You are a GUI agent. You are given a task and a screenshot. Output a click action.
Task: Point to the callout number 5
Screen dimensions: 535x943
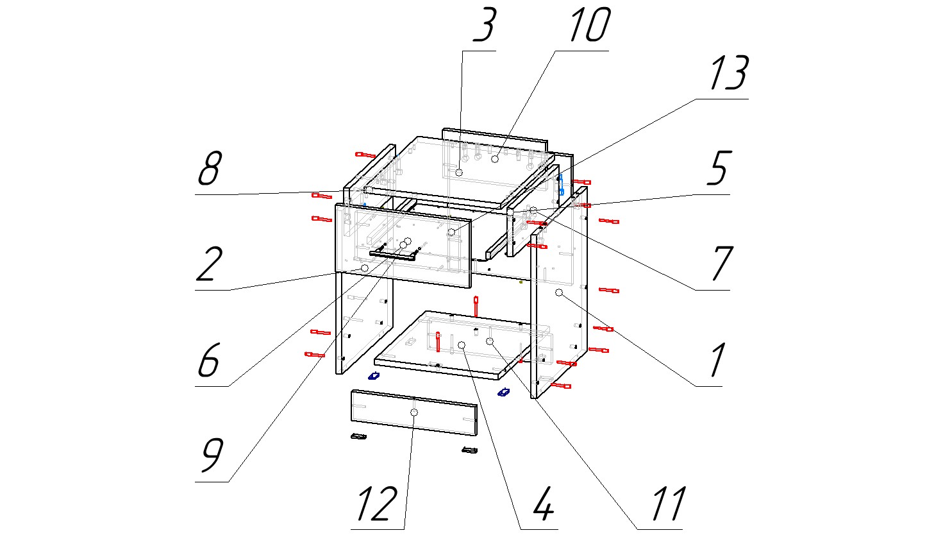coord(718,168)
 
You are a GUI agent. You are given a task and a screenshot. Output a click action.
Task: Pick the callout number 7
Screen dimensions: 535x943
coord(721,263)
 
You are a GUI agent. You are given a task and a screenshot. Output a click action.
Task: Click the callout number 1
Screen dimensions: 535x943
coord(717,359)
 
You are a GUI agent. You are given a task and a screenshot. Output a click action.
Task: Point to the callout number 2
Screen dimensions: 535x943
coord(208,264)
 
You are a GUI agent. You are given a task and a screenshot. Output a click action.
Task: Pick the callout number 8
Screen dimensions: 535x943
coord(209,168)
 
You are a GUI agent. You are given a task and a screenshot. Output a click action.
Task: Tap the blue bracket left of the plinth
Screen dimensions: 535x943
coord(373,375)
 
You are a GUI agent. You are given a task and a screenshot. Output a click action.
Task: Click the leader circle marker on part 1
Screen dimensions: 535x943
coord(558,293)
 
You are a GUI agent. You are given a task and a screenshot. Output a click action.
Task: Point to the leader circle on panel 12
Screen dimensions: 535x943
coord(414,412)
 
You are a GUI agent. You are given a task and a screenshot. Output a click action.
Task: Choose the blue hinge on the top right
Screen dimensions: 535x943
coord(561,183)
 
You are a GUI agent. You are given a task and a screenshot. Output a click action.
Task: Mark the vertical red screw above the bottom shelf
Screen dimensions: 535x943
coord(476,306)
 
